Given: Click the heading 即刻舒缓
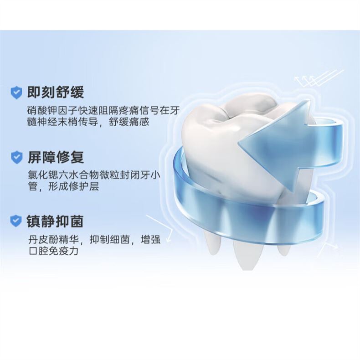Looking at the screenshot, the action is click(x=56, y=93).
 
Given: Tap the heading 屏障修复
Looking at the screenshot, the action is click(x=56, y=157).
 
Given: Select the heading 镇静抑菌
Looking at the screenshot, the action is click(x=55, y=221).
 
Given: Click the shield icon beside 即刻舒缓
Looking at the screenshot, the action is click(x=16, y=93).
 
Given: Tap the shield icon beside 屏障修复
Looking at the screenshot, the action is click(x=17, y=157).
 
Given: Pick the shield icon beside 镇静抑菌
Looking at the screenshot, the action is click(x=16, y=221).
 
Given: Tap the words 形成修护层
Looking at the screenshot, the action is click(x=73, y=186).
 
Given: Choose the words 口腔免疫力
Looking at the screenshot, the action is click(x=53, y=251).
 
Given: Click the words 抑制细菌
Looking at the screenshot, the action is click(x=109, y=240).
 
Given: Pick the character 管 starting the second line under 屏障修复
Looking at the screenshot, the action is click(x=33, y=186).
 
